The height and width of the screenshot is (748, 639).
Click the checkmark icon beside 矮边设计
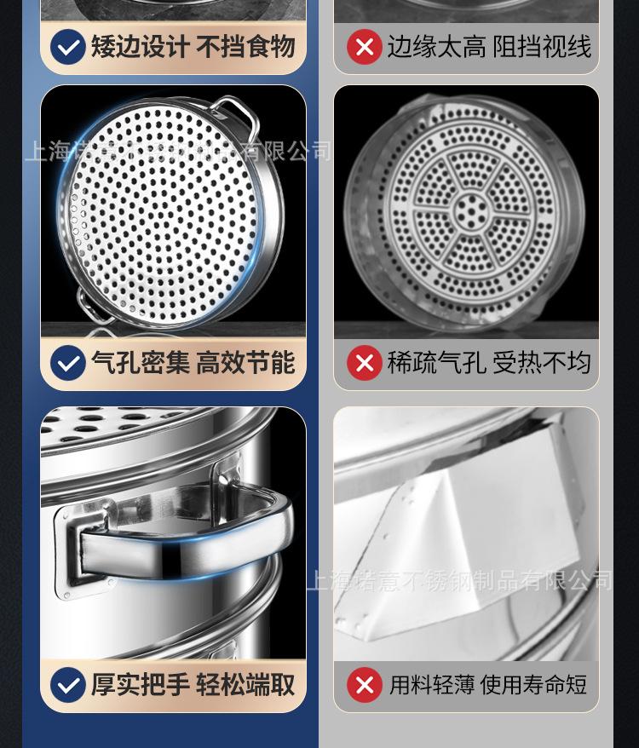coord(67,47)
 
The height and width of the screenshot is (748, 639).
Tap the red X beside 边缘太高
coord(364,47)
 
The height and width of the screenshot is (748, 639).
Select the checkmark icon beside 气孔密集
coord(67,363)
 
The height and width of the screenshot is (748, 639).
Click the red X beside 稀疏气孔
coord(364,364)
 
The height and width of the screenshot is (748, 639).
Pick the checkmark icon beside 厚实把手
coord(67,684)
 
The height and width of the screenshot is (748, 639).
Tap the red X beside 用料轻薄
coord(364,685)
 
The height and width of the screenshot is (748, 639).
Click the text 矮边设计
coord(141,47)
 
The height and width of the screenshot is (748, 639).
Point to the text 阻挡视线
coord(542,47)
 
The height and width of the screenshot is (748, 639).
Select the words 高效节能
coord(245,363)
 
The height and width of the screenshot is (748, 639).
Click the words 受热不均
coord(542,364)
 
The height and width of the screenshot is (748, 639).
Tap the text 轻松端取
coord(245,684)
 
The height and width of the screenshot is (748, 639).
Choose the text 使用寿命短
coord(533,685)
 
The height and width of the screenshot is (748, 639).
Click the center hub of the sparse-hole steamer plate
coord(467,207)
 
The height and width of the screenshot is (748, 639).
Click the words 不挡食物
coord(245,47)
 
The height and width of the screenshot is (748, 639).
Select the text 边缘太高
coord(436,47)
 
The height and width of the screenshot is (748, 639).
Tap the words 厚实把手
coord(141,684)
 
